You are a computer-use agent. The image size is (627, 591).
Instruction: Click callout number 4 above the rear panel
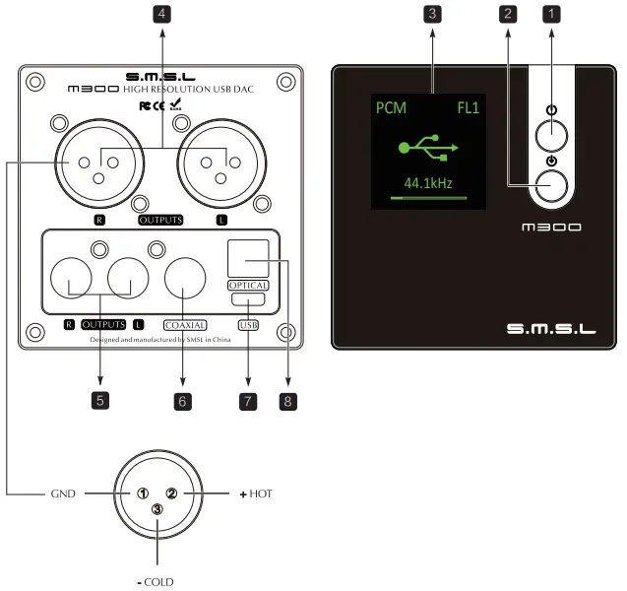[160, 14]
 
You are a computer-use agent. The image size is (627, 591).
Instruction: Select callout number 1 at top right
[552, 14]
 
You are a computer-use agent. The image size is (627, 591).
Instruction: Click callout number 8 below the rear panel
[287, 401]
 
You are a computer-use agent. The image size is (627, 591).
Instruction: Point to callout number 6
[183, 401]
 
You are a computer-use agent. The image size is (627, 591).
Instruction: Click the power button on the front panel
[554, 132]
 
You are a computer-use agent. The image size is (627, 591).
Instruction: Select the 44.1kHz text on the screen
[427, 183]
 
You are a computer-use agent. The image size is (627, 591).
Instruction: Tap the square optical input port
[247, 259]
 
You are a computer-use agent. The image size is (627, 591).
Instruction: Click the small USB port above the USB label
[247, 299]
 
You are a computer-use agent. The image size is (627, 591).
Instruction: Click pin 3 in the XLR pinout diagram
[157, 509]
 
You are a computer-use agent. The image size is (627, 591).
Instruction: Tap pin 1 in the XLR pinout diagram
[143, 493]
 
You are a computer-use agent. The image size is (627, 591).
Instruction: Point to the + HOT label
[255, 493]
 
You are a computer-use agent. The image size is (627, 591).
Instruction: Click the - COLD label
[156, 581]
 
